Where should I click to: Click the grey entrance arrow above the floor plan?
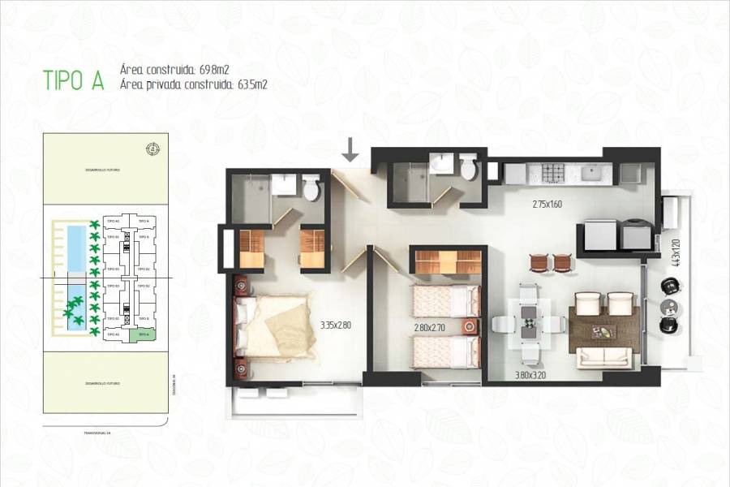pyautogui.click(x=350, y=149)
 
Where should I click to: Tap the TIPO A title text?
pyautogui.click(x=74, y=80)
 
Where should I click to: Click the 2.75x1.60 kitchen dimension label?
pyautogui.click(x=547, y=204)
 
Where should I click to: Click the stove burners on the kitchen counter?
pyautogui.click(x=554, y=173)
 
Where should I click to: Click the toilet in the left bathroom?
pyautogui.click(x=310, y=190)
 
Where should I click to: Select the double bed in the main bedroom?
pyautogui.click(x=273, y=326)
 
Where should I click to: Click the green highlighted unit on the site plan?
pyautogui.click(x=143, y=334)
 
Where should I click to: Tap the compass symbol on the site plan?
pyautogui.click(x=152, y=148)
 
